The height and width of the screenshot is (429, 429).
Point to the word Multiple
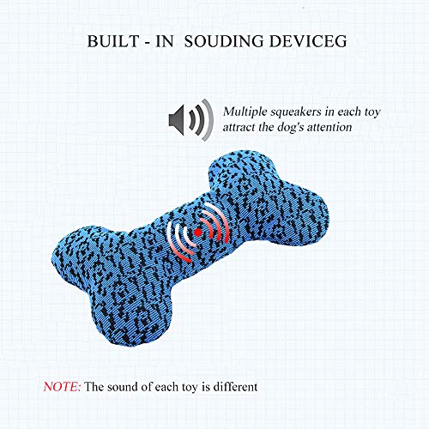point(248,111)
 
